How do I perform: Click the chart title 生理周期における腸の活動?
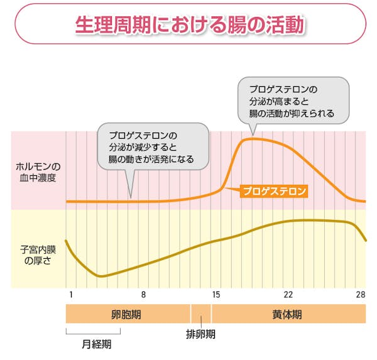click(x=189, y=25)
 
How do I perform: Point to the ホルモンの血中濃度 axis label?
click(x=38, y=172)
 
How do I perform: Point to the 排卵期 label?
click(x=200, y=334)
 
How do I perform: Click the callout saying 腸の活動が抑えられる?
click(x=291, y=101)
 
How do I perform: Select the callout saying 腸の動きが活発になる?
click(x=153, y=147)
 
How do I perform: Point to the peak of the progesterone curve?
click(x=251, y=138)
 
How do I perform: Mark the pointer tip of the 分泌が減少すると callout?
click(x=131, y=197)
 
